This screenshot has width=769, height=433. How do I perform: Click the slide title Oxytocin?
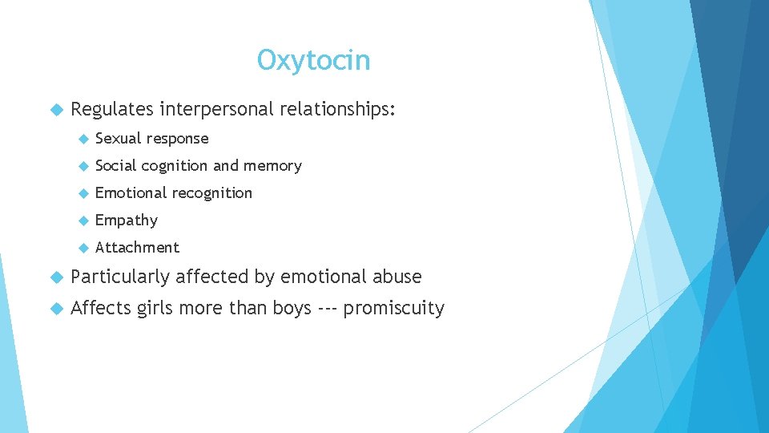313,60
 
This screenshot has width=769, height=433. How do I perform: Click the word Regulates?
111,108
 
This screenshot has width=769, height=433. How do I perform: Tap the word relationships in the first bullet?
336,108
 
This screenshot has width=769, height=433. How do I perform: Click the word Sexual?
117,139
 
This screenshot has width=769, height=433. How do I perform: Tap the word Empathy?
127,221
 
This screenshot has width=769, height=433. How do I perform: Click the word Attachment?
137,248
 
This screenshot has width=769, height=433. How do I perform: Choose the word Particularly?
120,277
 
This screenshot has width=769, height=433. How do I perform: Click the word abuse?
397,277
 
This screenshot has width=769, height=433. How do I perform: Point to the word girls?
155,309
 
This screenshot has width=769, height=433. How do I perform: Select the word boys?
288,309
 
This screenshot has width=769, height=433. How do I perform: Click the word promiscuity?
393,309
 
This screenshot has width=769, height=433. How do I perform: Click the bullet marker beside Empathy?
82,221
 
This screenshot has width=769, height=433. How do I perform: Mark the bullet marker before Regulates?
56,109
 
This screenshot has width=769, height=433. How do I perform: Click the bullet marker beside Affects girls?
56,309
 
